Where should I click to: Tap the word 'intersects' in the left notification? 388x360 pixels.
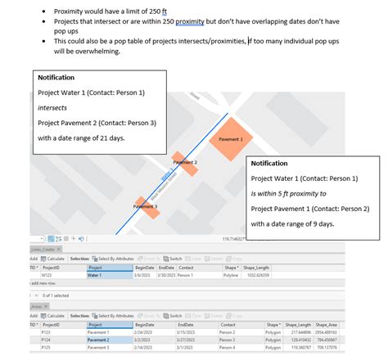coord(53,106)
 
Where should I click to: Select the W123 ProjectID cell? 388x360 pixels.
coord(49,275)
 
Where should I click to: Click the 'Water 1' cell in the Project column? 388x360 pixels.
coord(96,275)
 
